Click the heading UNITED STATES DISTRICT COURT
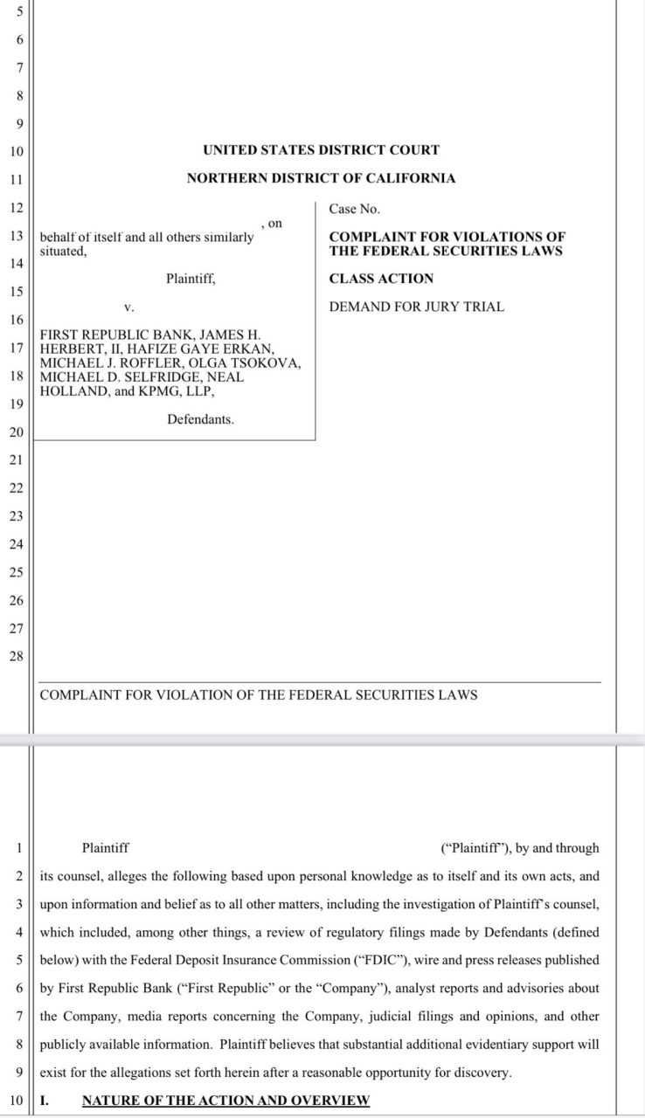point(321,150)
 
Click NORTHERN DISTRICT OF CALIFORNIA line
point(321,178)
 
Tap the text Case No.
point(354,209)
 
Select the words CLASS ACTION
point(381,279)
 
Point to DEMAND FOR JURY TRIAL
point(416,307)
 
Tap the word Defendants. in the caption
point(200,419)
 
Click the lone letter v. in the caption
point(128,307)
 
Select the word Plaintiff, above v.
point(191,279)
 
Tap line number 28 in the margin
point(16,656)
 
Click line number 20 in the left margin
point(16,431)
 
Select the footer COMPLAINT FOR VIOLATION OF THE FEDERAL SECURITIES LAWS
point(259,695)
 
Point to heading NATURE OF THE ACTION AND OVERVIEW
point(225,1100)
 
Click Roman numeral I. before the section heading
point(45,1100)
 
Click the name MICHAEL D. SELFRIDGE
point(114,376)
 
